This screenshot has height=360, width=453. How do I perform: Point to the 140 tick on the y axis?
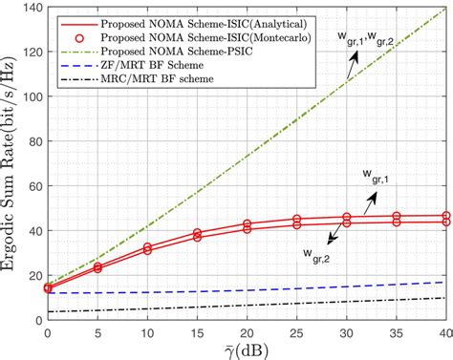click(x=31, y=9)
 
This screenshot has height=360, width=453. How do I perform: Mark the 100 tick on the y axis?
click(x=31, y=96)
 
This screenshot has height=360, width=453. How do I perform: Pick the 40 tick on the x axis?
click(x=444, y=329)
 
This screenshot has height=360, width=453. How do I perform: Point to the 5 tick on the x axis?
click(x=97, y=329)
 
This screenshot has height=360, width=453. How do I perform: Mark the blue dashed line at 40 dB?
click(x=444, y=282)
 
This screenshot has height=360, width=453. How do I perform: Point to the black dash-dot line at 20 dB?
click(x=247, y=305)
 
